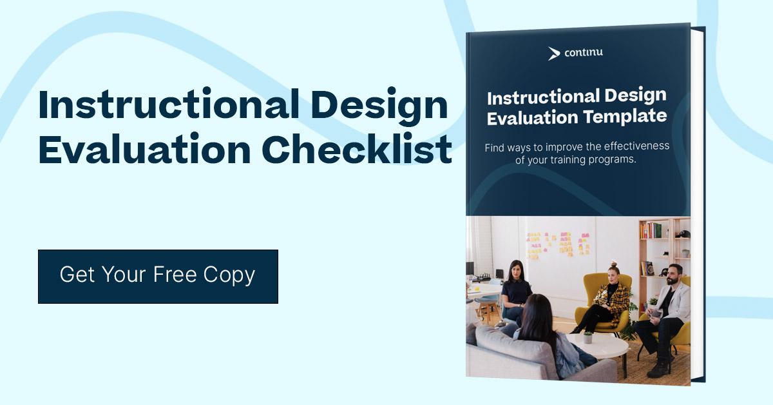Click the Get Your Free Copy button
158,276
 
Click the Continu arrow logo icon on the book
553,54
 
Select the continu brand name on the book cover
584,53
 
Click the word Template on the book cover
630,117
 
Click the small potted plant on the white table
587,337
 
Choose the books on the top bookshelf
651,230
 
